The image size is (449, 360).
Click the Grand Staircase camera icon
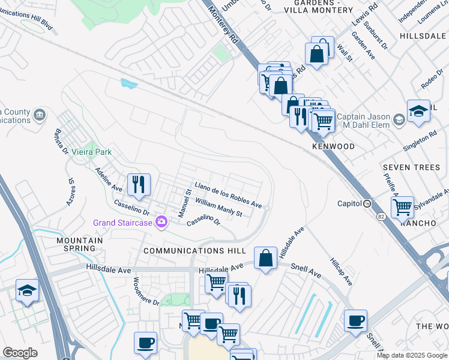[x=161, y=223]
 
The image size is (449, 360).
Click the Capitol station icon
[x=367, y=203]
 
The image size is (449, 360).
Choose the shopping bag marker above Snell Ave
[x=265, y=259]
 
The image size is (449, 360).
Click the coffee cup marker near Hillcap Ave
[x=355, y=320]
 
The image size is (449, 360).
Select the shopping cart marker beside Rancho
[x=402, y=207]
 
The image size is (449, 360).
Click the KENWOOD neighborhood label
[x=333, y=146]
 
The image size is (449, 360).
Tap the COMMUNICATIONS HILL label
[x=195, y=250]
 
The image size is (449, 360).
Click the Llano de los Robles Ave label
[x=228, y=195]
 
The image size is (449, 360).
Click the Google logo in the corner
[x=20, y=353]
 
